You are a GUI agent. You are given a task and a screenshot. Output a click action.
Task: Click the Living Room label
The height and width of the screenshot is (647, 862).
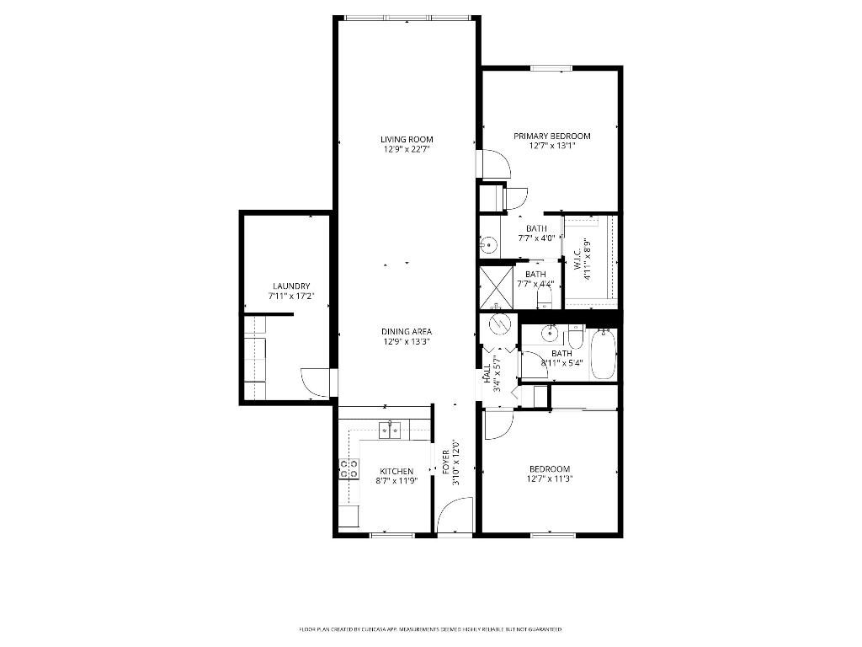(x=407, y=139)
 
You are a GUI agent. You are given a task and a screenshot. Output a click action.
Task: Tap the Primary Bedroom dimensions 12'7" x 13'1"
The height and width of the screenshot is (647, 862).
(x=552, y=146)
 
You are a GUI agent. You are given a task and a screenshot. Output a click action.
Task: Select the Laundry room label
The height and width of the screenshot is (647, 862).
(x=291, y=286)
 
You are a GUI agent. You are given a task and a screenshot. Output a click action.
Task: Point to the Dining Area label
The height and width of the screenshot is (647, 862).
(x=407, y=331)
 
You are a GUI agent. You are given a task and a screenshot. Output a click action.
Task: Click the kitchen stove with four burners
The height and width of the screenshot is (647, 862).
(x=349, y=469)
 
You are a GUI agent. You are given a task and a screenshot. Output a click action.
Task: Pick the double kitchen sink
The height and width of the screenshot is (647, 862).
(x=389, y=430)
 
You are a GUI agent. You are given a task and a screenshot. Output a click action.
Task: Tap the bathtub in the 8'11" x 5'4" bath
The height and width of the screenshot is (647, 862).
(x=603, y=355)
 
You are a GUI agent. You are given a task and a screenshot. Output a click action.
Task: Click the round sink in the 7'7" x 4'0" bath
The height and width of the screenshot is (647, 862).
(x=488, y=245)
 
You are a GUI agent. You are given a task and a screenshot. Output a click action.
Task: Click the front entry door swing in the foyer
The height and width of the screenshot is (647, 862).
(x=455, y=515)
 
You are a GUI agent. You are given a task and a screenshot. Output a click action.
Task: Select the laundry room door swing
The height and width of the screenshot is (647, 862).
(x=317, y=382)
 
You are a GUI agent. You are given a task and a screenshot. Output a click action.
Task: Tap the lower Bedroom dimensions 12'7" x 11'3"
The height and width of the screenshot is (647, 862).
(x=550, y=479)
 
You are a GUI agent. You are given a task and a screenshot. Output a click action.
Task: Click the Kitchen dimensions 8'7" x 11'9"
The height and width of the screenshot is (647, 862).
(x=396, y=481)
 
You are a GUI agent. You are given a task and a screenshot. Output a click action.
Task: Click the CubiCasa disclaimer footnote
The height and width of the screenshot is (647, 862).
(x=430, y=629)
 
